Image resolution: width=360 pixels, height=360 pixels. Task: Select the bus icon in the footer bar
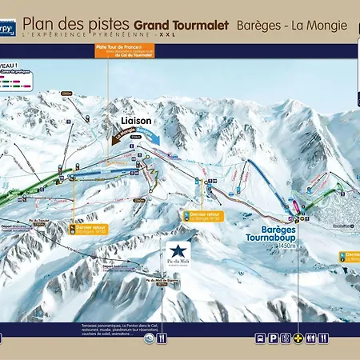(x=261, y=338)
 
